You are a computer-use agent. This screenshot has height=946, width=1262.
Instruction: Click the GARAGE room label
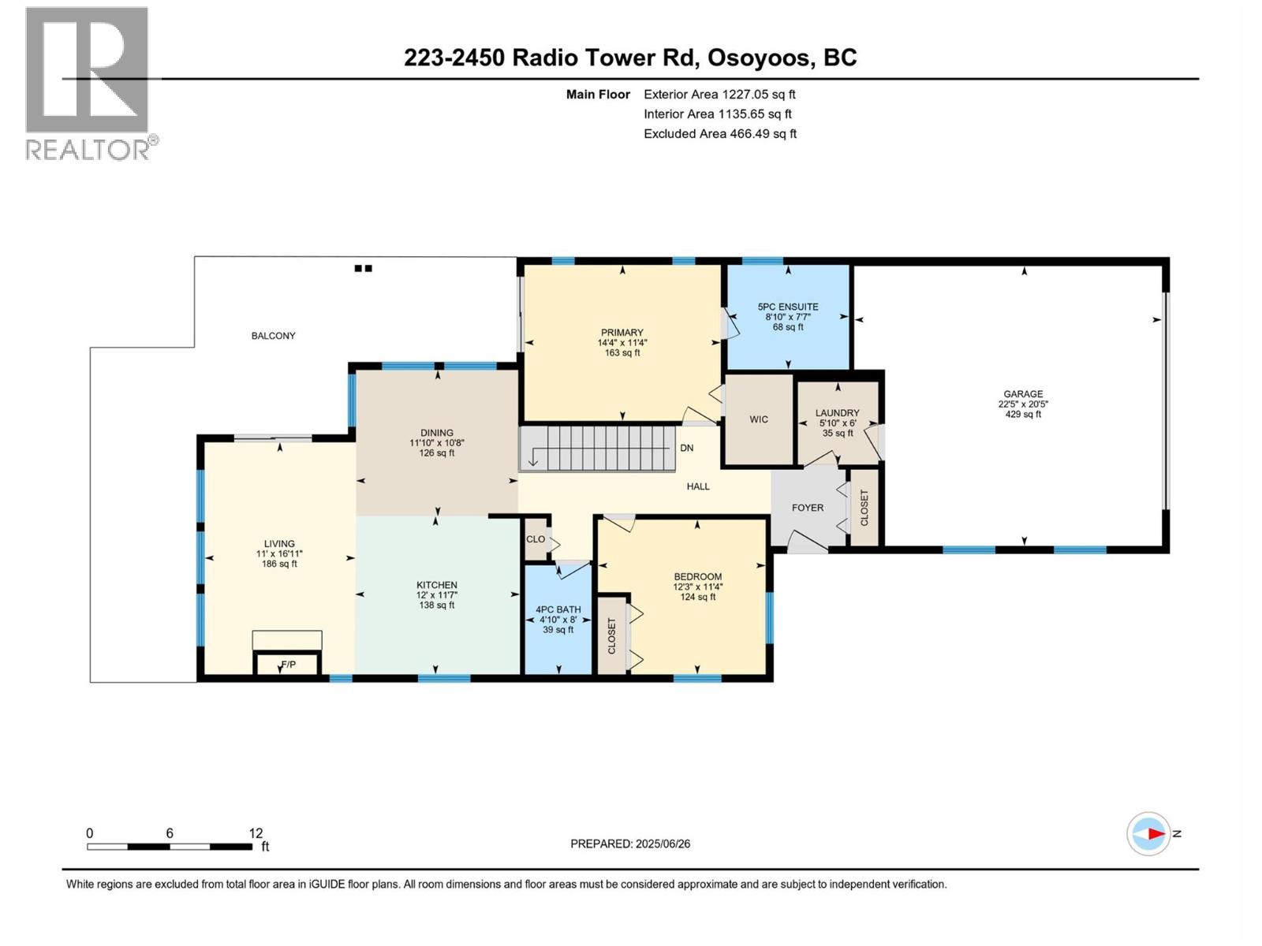tap(1022, 394)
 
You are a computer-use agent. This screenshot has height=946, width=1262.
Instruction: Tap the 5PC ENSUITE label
tap(787, 307)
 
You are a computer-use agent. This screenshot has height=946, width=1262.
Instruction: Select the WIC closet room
tap(759, 419)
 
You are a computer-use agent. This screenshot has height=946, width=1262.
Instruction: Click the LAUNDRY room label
tap(837, 413)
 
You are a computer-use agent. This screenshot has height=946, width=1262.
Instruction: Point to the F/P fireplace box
tap(288, 665)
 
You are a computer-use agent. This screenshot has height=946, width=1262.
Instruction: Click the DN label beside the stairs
tap(686, 448)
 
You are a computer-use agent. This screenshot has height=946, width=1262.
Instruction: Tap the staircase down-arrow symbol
tap(534, 457)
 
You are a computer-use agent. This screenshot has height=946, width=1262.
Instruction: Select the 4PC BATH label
tap(558, 609)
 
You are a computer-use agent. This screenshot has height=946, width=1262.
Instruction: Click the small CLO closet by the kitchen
tap(536, 539)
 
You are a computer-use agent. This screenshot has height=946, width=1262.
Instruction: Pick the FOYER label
tap(807, 508)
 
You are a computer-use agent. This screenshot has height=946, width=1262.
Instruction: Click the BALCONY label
tap(273, 336)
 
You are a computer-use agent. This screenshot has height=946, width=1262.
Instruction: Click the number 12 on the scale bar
tap(256, 833)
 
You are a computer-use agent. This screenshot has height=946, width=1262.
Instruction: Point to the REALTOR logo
tap(88, 83)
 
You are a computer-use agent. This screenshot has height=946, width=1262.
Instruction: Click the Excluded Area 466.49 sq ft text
tap(719, 134)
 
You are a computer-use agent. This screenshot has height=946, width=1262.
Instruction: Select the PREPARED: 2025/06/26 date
tap(630, 844)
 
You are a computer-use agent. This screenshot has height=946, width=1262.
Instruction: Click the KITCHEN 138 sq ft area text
tap(436, 605)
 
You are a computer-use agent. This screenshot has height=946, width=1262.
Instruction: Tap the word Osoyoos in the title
tap(759, 58)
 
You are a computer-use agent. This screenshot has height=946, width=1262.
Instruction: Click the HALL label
tap(697, 486)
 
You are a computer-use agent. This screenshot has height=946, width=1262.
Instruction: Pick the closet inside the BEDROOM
tap(611, 635)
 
